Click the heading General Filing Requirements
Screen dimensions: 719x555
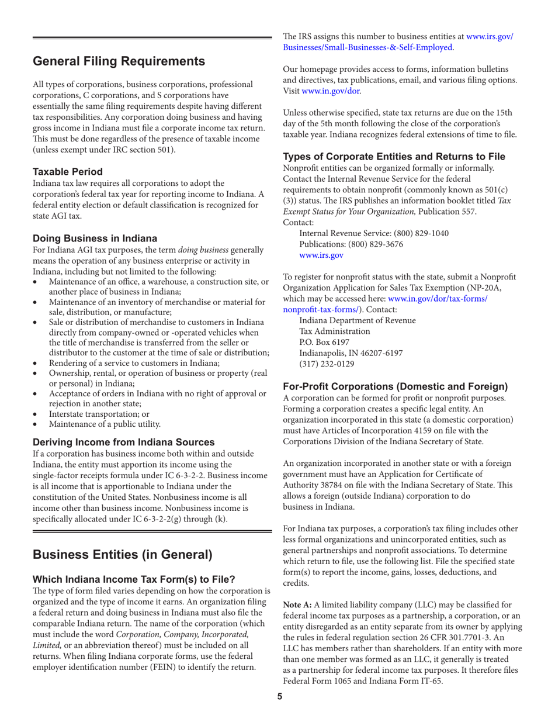(118, 61)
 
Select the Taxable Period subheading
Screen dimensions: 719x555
(67, 172)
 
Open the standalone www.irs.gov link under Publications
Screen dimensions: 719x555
(321, 255)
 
